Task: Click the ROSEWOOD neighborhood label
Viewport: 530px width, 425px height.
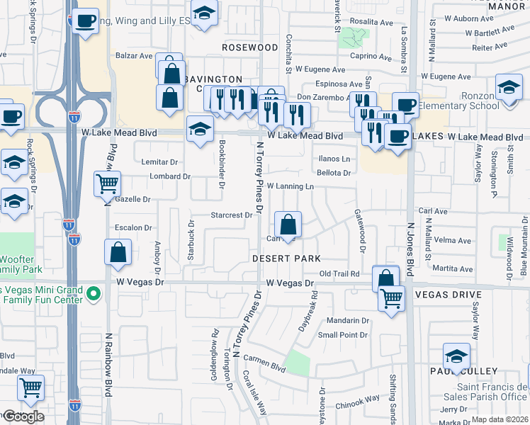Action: tap(249, 47)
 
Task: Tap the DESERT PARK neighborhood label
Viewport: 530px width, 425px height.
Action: tap(286, 259)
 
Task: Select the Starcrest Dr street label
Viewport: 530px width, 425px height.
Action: tap(232, 215)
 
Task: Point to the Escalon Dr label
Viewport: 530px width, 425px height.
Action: tap(134, 228)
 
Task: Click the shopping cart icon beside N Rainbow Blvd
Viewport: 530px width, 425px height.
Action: tap(107, 184)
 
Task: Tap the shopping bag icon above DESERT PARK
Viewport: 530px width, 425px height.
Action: tap(288, 226)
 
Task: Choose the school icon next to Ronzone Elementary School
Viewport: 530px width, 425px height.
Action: tap(508, 89)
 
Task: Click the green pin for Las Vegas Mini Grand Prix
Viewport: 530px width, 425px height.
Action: tap(92, 293)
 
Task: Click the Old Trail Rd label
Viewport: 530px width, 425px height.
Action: tap(340, 273)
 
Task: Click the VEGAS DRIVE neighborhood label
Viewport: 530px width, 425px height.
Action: tap(448, 294)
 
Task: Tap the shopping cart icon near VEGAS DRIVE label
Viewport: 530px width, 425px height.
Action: tap(391, 299)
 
